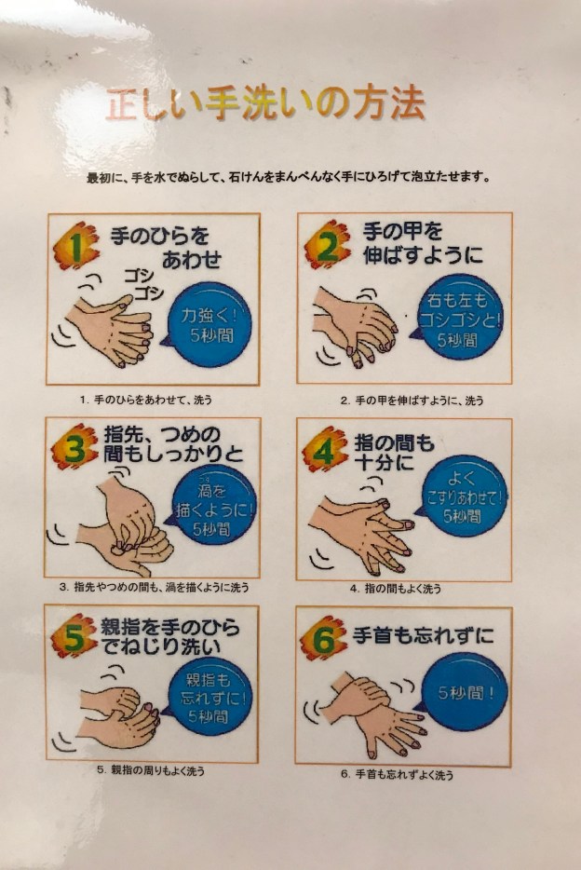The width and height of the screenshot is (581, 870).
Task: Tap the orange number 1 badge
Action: [77, 246]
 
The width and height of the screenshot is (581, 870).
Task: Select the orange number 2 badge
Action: [328, 245]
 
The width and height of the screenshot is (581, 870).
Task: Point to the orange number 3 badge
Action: [75, 447]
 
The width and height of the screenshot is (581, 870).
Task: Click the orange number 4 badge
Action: [325, 449]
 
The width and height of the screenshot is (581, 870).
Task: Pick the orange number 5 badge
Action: [74, 636]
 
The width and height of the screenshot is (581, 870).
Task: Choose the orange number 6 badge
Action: [324, 638]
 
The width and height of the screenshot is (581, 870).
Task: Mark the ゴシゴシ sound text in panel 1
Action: [143, 283]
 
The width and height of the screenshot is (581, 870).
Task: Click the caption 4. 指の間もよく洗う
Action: [396, 589]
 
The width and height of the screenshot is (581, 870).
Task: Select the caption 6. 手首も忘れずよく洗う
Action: [397, 775]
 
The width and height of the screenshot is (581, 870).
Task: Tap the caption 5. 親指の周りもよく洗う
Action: [151, 770]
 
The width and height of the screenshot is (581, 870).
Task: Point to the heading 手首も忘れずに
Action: [423, 635]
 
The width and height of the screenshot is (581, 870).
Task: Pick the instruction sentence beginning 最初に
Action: [289, 178]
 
